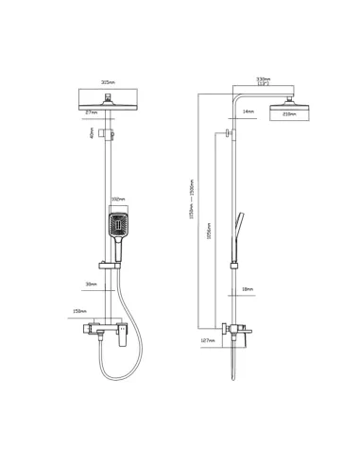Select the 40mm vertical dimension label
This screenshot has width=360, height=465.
click(92, 133)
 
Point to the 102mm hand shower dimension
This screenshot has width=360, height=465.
click(118, 199)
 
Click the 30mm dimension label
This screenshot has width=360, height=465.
click(91, 284)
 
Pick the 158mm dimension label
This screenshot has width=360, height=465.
click(79, 310)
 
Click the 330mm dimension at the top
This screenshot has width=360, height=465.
click(264, 80)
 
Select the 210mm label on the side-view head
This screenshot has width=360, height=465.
click(289, 114)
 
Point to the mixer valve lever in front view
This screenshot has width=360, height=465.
click(121, 340)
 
